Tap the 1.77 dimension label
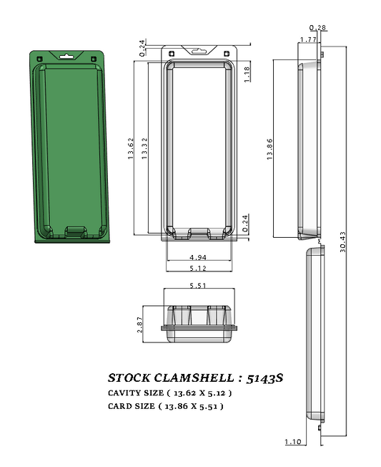tap(309, 39)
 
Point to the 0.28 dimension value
tap(322, 28)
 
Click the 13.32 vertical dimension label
tap(144, 148)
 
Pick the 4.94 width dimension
tap(199, 256)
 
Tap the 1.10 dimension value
tap(292, 442)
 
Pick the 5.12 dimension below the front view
tap(199, 269)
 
